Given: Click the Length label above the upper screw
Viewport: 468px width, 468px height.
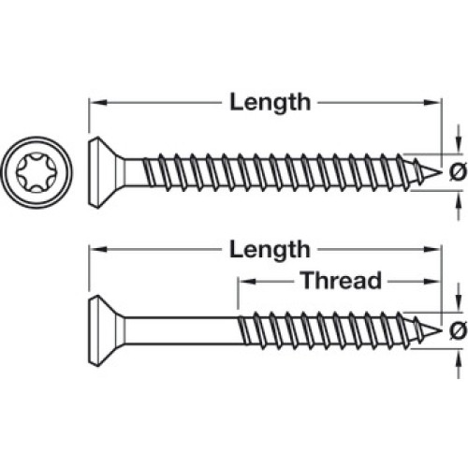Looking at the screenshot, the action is [x=271, y=103].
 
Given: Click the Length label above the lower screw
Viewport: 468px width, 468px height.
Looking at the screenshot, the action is [x=271, y=250].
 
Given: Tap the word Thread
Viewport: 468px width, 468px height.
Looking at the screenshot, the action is [x=342, y=280].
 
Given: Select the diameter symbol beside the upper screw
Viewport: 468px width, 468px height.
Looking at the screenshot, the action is [x=458, y=172].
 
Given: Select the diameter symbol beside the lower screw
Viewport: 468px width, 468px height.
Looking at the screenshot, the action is [x=458, y=330].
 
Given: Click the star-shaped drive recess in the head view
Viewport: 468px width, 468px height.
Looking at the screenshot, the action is [x=37, y=172].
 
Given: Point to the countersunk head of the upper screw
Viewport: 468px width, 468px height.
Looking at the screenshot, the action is [x=103, y=172].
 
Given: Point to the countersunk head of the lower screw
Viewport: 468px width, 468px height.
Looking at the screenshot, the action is [x=103, y=330].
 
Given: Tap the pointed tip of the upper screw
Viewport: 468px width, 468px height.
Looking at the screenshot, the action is [x=442, y=172].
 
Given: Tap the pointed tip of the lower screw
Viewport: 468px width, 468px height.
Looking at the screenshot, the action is [x=442, y=330].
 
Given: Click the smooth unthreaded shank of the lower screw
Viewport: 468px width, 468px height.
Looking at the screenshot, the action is [x=181, y=330].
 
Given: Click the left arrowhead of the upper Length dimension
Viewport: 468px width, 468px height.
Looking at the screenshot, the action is [x=96, y=102].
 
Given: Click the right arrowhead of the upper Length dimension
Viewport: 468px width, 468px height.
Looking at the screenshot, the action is [x=432, y=102].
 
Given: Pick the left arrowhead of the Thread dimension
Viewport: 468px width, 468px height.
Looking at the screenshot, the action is [x=247, y=282].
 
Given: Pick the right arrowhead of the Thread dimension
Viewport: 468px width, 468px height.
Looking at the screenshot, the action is [x=432, y=282].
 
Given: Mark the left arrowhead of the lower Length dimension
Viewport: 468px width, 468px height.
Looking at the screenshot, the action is [x=96, y=249].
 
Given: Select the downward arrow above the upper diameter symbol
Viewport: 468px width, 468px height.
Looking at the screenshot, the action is [x=459, y=139].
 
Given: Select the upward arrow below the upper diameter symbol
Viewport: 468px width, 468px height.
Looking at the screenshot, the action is [x=459, y=205].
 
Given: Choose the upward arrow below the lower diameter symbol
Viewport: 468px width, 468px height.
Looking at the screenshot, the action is [x=459, y=364].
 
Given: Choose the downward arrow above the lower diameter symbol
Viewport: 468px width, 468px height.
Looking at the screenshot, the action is [x=459, y=298].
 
